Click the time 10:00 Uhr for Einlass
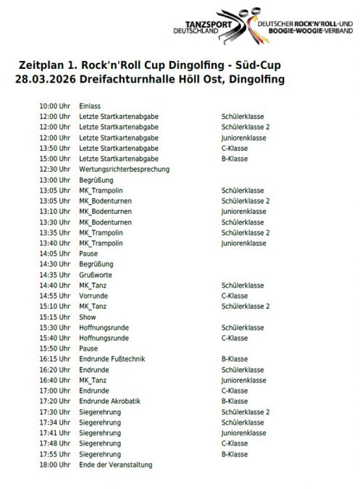pos(54,106)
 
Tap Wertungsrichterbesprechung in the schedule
pos(124,169)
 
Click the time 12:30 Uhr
pos(54,169)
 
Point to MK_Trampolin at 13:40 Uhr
pos(101,243)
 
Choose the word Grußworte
pos(95,275)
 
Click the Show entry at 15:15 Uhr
pos(87,317)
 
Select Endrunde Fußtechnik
pos(111,359)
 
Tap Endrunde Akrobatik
pos(109,401)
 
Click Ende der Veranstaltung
pos(115,464)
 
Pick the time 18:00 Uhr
pos(54,464)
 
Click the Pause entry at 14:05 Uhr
pos(88,254)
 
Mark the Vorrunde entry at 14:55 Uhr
pos(93,296)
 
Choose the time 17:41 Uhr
pos(54,433)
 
